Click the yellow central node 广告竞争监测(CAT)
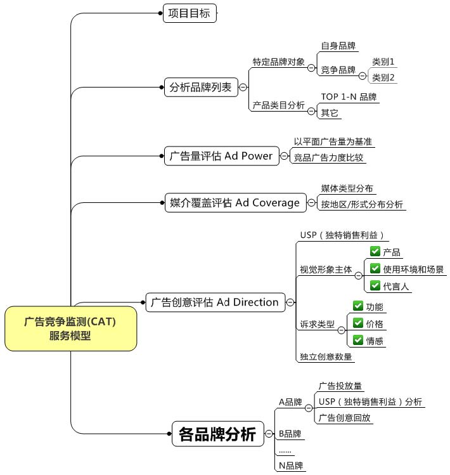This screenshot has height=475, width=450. click(70, 329)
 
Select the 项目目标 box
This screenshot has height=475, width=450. click(190, 13)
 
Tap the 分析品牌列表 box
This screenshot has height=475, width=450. click(201, 88)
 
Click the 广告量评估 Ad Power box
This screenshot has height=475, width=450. click(221, 156)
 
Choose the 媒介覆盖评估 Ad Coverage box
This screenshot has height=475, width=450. click(235, 202)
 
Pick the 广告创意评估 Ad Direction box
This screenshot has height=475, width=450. click(215, 302)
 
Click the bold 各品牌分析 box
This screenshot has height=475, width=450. click(218, 434)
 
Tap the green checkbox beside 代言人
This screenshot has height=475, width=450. click(375, 285)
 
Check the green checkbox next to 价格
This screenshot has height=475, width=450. click(358, 323)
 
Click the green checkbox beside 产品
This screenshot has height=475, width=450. click(375, 251)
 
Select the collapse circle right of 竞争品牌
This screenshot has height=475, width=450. click(362, 75)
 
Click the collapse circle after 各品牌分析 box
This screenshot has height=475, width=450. click(269, 434)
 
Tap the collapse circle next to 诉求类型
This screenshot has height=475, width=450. click(341, 330)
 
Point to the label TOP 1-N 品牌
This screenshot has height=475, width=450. click(349, 97)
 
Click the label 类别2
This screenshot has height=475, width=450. click(383, 77)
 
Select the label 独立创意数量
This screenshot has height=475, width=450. click(326, 356)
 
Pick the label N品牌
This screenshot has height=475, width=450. click(291, 465)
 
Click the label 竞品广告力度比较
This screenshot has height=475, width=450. click(328, 157)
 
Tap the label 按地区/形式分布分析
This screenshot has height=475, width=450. click(362, 204)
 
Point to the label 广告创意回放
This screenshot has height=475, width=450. click(344, 418)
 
